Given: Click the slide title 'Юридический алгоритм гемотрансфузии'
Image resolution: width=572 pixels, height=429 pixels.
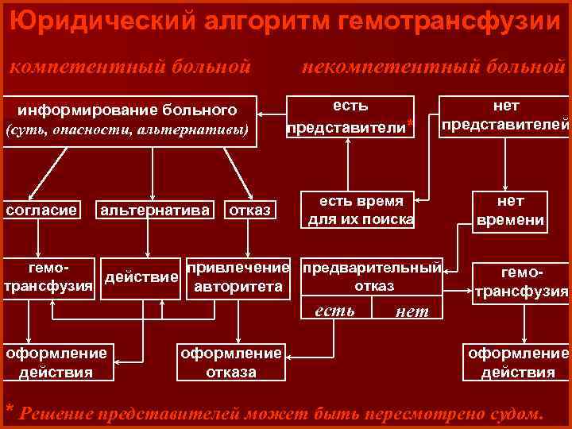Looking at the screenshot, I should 286,19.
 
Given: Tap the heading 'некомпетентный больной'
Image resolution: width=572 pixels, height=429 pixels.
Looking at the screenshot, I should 432,66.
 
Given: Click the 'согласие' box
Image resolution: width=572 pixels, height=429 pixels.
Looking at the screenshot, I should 41,210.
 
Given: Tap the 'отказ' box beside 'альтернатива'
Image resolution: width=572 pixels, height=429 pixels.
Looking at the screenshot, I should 249,210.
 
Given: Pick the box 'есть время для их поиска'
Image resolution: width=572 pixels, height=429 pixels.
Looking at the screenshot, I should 361,210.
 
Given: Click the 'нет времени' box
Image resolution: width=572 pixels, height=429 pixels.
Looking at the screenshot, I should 510,211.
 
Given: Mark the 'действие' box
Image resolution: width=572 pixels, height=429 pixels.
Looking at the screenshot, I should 141,277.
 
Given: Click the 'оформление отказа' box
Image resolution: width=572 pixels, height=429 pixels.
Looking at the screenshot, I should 231,361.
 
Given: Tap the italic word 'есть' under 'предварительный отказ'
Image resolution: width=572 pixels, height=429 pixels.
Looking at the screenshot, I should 335,310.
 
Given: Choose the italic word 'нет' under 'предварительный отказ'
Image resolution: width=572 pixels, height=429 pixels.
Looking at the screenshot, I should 412,311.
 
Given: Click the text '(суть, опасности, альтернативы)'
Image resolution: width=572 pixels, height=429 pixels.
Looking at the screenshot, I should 128,129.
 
